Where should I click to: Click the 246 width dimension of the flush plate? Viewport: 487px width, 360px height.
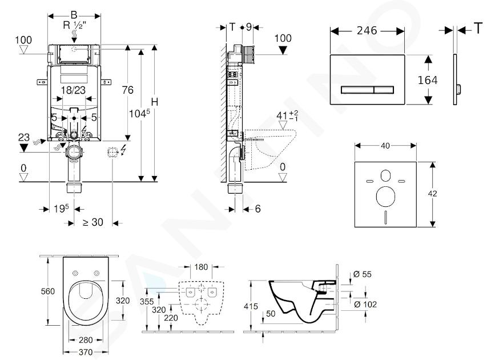click(367, 30)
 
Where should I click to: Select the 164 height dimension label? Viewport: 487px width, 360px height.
click(428, 80)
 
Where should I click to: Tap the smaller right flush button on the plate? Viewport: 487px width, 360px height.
click(384, 90)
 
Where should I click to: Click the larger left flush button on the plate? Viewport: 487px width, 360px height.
click(357, 90)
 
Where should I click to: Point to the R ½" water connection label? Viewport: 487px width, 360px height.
click(73, 25)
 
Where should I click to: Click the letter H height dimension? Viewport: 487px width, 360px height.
click(154, 102)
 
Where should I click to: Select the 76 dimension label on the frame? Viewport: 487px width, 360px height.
click(128, 90)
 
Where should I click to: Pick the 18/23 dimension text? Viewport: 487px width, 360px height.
click(73, 90)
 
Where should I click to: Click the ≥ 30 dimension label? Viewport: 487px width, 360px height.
click(93, 222)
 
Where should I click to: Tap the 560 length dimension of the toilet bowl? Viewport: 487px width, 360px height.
click(48, 291)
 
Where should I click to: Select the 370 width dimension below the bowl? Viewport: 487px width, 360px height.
click(86, 352)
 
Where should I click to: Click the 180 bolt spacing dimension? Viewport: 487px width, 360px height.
click(201, 267)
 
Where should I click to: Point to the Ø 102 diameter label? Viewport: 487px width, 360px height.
click(365, 304)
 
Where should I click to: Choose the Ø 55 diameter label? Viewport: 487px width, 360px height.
click(363, 274)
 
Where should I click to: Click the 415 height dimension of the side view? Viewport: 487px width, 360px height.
click(251, 306)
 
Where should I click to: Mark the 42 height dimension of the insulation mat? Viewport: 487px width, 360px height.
click(432, 193)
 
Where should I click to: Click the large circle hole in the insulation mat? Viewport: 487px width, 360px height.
click(385, 197)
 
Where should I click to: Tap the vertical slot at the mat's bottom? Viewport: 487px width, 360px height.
click(385, 217)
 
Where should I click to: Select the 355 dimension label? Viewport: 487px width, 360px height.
click(147, 302)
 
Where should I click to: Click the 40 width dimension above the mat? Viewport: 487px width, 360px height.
click(385, 146)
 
